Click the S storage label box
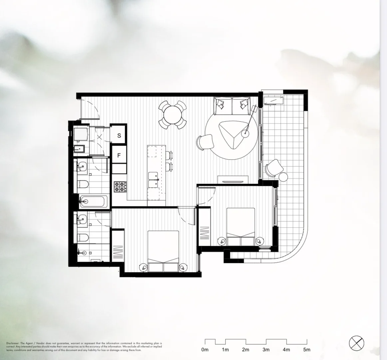tap(119, 135)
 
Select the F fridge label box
tap(119, 155)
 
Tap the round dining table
tap(172, 114)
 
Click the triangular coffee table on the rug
tap(233, 134)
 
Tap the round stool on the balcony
tap(283, 177)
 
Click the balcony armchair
tap(273, 167)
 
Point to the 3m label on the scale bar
tap(266, 350)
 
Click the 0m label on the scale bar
tap(205, 350)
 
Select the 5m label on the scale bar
tap(307, 350)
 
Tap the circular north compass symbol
tap(356, 343)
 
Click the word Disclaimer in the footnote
tap(13, 343)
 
